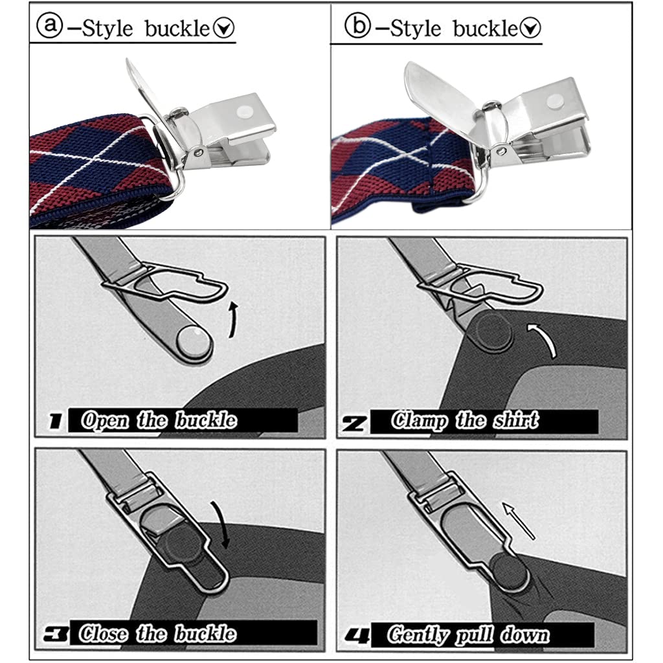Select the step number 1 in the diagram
click(x=56, y=422)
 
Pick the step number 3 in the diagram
click(x=56, y=634)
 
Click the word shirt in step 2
click(x=514, y=421)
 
